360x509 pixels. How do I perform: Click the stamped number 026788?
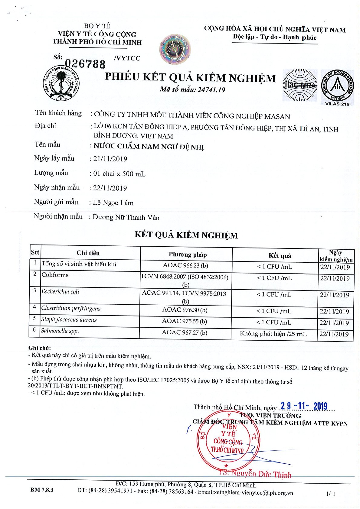pyautogui.click(x=85, y=64)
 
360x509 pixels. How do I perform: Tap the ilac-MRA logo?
pyautogui.click(x=299, y=85)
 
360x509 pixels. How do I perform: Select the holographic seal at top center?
pyautogui.click(x=176, y=49)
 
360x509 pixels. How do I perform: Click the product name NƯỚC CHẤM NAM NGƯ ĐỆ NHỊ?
pyautogui.click(x=149, y=147)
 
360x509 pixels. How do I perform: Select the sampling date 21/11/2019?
pyautogui.click(x=110, y=159)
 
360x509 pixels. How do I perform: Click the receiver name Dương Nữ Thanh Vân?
pyautogui.click(x=126, y=217)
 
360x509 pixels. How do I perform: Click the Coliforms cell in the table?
pyautogui.click(x=55, y=275)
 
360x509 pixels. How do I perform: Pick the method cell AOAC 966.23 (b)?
pyautogui.click(x=185, y=265)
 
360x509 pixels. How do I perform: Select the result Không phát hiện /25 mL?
pyautogui.click(x=273, y=334)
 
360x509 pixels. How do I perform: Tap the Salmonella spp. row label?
pyautogui.click(x=60, y=331)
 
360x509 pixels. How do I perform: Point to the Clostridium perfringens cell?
pyautogui.click(x=71, y=308)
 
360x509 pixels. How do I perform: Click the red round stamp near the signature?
pyautogui.click(x=228, y=443)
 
